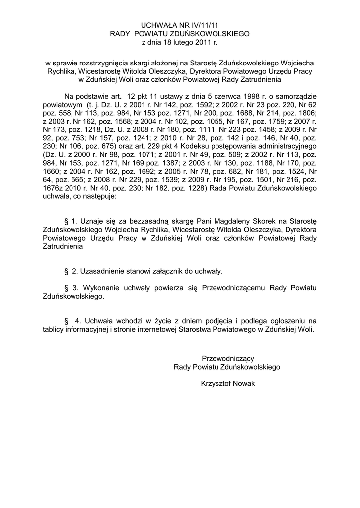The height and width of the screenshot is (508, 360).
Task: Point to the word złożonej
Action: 165,63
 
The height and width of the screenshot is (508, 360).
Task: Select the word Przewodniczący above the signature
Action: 227,358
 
